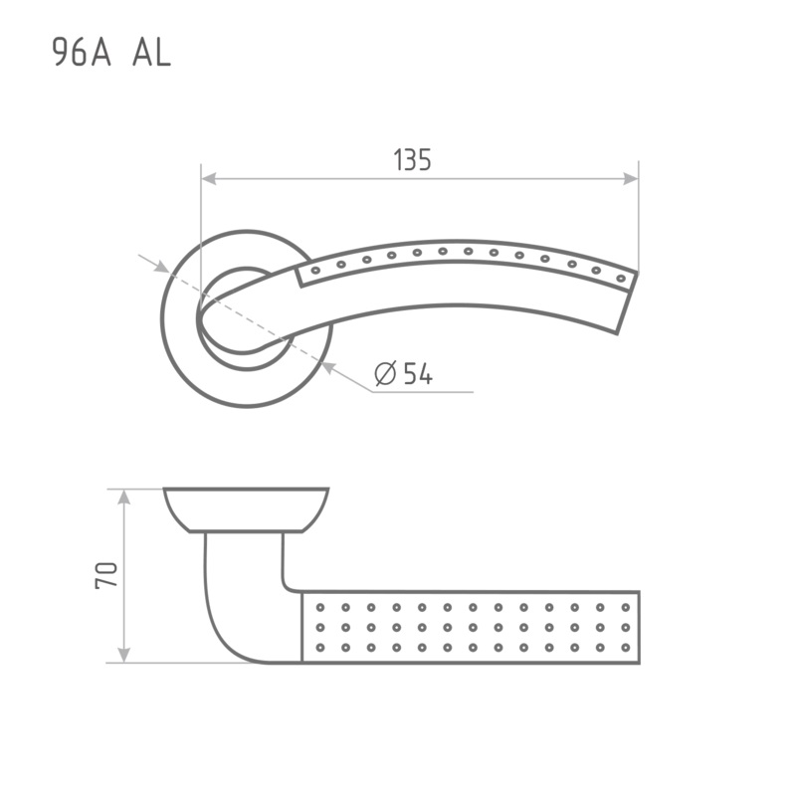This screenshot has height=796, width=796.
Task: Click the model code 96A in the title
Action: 82,53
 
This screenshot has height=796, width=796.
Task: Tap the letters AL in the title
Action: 151,53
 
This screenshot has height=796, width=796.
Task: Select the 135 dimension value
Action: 412,159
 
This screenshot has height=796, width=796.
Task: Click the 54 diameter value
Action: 418,374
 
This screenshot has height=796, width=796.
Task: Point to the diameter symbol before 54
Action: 385,374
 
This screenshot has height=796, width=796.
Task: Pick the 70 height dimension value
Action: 106,575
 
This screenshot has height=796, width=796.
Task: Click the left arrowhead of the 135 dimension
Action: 209,179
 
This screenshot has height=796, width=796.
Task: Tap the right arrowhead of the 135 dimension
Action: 631,179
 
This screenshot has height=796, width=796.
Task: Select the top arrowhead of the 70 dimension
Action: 123,497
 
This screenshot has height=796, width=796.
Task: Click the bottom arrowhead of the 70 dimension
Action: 123,655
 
